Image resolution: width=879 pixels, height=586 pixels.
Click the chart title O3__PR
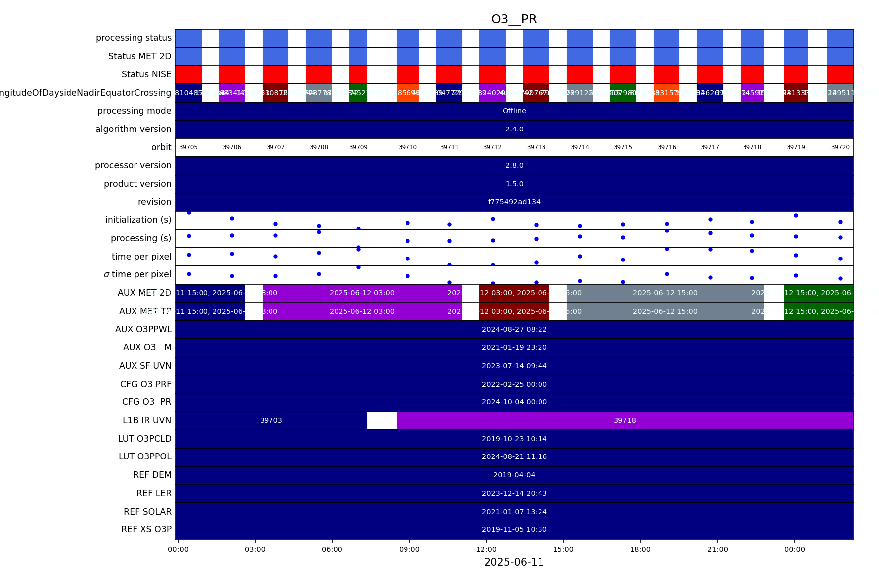[x=514, y=19]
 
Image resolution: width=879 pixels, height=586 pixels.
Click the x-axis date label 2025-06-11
[x=514, y=562]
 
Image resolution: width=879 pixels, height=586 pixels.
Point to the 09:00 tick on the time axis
[x=409, y=549]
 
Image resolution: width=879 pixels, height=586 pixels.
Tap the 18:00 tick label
[x=640, y=549]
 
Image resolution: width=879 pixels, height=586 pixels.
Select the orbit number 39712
[x=492, y=147]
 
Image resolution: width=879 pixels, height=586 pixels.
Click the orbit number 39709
[x=358, y=147]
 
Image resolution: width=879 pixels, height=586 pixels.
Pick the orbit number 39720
[x=840, y=147]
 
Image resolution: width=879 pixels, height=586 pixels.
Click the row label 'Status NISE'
[x=146, y=74]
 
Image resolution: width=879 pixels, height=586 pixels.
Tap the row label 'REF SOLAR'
[x=147, y=512]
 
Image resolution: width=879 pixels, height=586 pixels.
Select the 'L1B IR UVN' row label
[x=147, y=420]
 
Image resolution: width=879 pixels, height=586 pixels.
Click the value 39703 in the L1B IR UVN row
[x=271, y=420]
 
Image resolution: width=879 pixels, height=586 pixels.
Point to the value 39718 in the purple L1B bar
[x=625, y=420]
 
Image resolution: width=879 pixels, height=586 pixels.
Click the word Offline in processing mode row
[x=514, y=111]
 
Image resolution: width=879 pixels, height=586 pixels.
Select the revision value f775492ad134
[x=514, y=202]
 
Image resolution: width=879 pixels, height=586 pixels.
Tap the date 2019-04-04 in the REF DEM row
[x=514, y=475]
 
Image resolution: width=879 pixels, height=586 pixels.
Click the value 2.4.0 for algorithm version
[x=514, y=129]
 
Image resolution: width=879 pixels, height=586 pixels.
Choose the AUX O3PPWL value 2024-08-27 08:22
[x=514, y=329]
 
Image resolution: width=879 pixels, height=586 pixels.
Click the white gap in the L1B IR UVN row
[x=382, y=420]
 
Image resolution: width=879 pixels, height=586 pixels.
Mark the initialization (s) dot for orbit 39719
[x=796, y=215]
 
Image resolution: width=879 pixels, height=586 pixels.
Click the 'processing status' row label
[x=134, y=38]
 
